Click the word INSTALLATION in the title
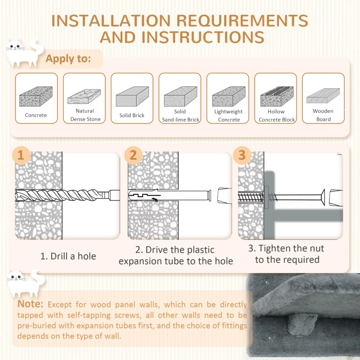click(111, 21)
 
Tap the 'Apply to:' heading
click(68, 59)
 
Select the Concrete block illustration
click(36, 96)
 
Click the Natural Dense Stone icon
click(84, 96)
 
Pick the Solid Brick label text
click(132, 115)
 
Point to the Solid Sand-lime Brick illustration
click(180, 96)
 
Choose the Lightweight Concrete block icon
click(229, 96)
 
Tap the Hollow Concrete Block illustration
click(277, 96)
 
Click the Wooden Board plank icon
click(323, 96)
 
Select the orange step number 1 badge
click(21, 155)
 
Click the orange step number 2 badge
click(133, 155)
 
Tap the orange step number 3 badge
click(242, 155)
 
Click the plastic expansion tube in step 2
click(170, 196)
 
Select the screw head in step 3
click(323, 197)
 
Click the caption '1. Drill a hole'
click(68, 256)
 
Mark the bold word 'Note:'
click(30, 304)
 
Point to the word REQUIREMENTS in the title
click(242, 21)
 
